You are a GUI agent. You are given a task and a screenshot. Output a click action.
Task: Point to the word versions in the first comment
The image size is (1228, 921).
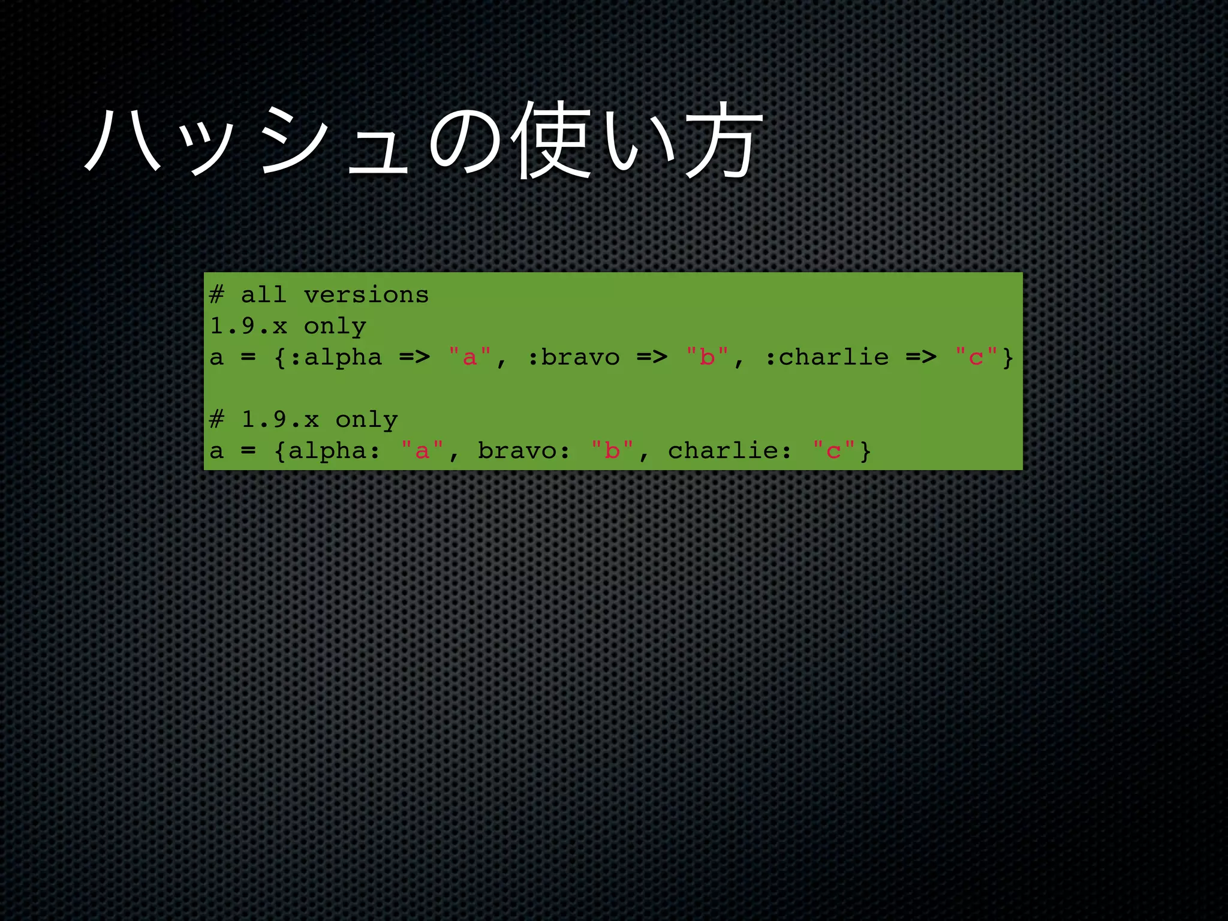[366, 295]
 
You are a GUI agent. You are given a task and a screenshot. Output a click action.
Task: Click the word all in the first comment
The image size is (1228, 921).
[264, 295]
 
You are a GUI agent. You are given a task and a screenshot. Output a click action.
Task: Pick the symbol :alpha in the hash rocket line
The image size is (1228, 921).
[336, 357]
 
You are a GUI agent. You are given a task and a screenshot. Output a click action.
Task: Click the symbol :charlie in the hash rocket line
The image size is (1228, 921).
[827, 357]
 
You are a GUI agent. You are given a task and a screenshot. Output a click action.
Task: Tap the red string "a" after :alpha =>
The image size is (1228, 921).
[469, 357]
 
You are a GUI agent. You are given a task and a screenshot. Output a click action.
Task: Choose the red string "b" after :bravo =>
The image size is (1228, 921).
[707, 357]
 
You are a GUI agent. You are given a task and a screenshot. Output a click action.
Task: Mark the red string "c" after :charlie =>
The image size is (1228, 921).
[976, 357]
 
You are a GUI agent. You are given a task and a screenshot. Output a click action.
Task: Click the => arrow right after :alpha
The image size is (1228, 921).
[414, 357]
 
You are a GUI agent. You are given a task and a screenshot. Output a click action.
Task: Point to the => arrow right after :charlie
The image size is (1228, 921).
[921, 357]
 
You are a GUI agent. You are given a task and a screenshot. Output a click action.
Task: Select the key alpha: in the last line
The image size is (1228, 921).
[334, 451]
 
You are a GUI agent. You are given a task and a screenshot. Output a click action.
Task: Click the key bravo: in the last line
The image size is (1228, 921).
[523, 451]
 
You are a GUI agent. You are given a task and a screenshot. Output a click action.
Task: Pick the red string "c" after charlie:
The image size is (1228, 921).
[833, 451]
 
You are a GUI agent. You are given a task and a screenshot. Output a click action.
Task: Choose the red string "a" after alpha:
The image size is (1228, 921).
[422, 451]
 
